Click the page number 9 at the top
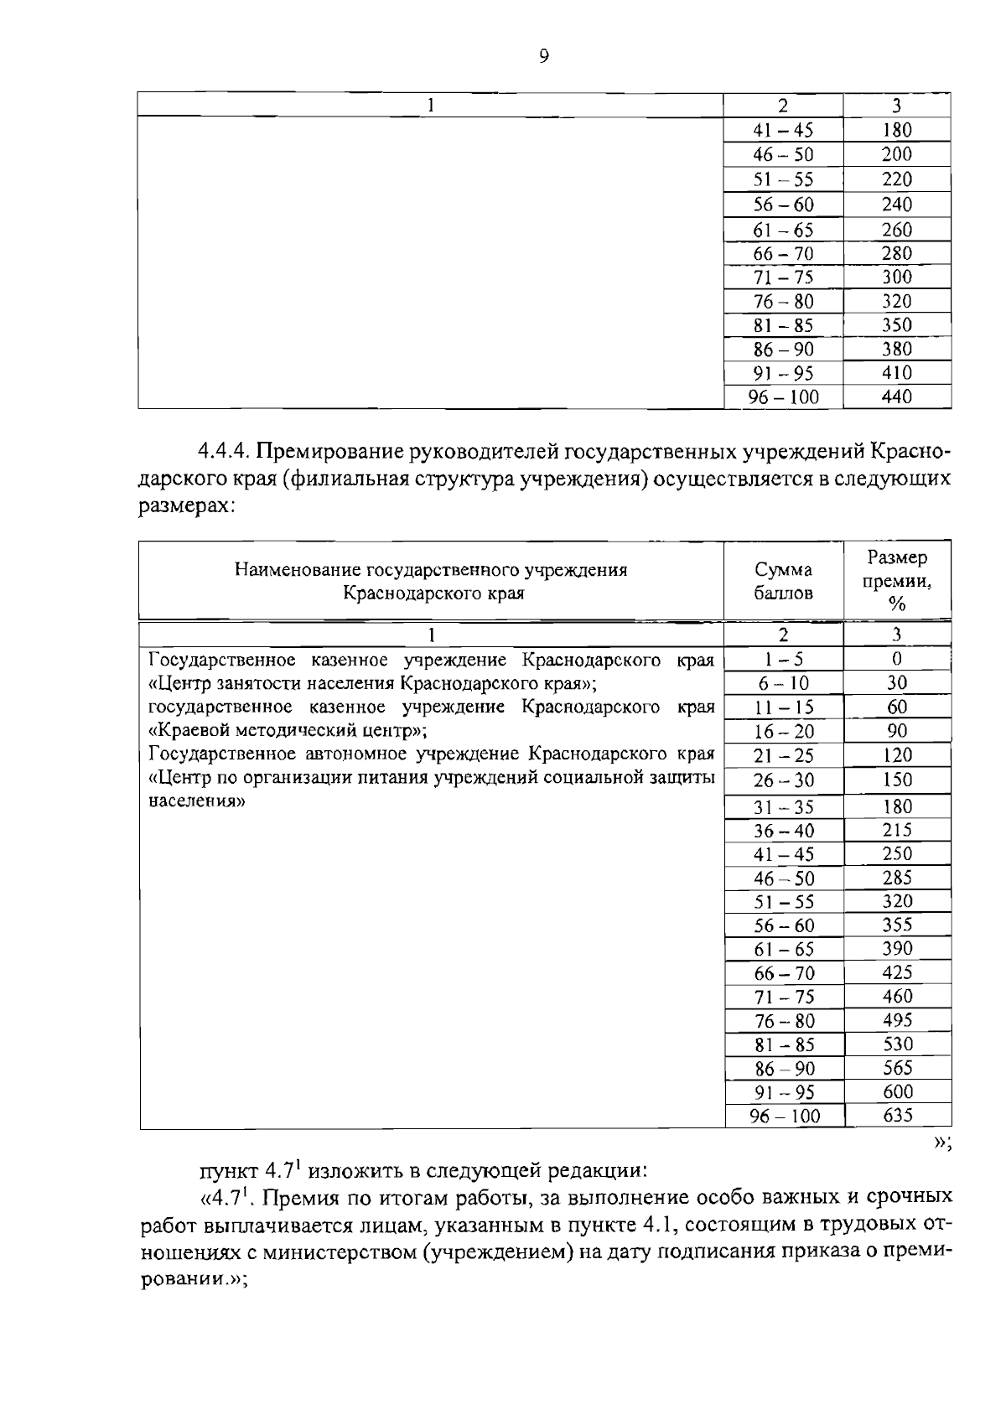(544, 56)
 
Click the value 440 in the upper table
(896, 397)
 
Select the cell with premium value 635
(897, 1116)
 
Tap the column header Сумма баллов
(783, 582)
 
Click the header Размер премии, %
(897, 580)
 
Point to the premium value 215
(897, 830)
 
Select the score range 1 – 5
(783, 660)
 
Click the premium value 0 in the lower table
(897, 660)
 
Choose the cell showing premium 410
(896, 373)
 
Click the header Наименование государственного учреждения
(431, 571)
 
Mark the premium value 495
(897, 1020)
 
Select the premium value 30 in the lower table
(897, 683)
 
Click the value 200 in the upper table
(896, 154)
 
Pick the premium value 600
(897, 1091)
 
